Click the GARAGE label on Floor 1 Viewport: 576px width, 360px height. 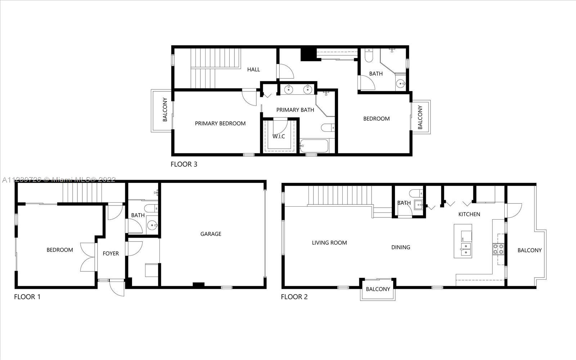pos(211,234)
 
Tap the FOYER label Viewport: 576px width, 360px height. pos(111,253)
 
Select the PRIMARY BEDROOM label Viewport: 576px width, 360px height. pos(220,123)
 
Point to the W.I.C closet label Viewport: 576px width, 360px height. pos(279,136)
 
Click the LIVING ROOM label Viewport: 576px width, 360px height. pos(329,243)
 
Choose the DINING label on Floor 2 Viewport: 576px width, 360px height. pos(401,247)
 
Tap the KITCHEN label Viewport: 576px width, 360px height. pos(469,214)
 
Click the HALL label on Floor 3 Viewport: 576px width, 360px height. pos(253,69)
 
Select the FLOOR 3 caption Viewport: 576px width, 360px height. pos(184,164)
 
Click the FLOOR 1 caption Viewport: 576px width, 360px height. pos(27,297)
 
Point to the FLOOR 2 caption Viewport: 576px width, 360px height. pos(294,297)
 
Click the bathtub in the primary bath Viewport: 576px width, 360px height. pos(314,146)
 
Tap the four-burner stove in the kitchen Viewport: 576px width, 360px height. pos(498,249)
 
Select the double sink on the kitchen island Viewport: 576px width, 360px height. pos(466,249)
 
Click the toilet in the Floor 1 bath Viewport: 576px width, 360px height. pos(151,208)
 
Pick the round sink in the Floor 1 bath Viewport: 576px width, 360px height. pos(153,225)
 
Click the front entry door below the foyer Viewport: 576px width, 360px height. pos(117,288)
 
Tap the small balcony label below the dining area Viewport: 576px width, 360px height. pos(378,289)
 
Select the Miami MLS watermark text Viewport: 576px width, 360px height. pos(59,180)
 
